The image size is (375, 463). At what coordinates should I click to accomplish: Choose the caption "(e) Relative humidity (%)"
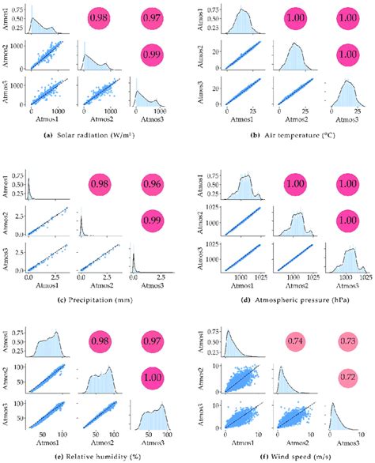[93, 455]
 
